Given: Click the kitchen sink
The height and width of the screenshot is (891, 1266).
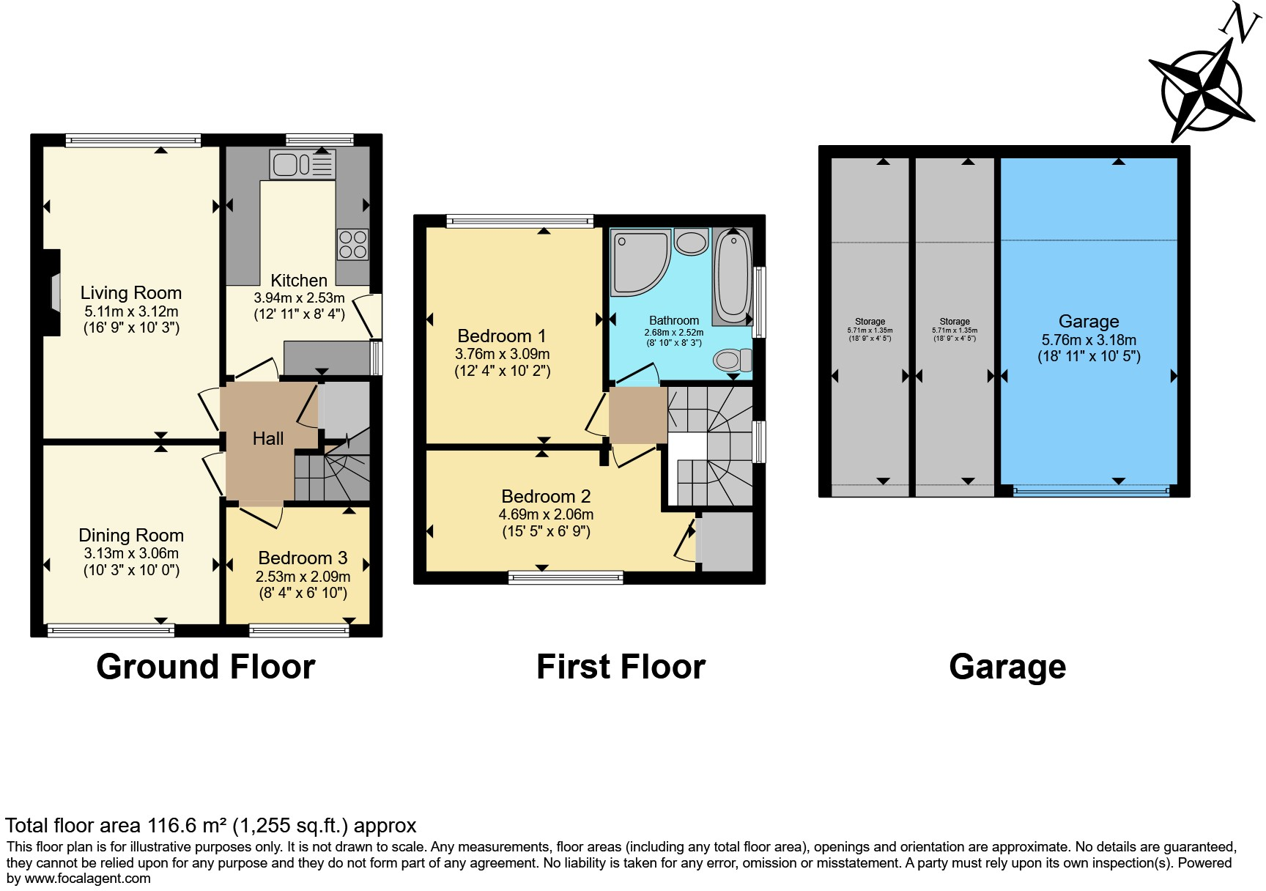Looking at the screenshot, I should click(302, 165).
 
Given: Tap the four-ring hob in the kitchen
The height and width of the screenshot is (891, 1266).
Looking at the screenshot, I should click(352, 245).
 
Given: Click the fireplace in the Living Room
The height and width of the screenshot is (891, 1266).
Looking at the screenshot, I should click(53, 293).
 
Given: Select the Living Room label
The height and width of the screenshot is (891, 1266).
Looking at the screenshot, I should click(131, 293).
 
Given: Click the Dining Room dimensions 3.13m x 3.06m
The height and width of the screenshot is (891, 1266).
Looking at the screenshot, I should click(131, 554).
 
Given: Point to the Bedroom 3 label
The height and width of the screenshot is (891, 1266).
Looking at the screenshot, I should click(303, 558).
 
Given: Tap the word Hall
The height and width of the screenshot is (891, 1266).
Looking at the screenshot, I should click(268, 439).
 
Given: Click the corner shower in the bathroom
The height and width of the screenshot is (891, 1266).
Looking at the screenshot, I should click(638, 260).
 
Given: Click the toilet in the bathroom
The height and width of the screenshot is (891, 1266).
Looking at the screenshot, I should click(732, 360).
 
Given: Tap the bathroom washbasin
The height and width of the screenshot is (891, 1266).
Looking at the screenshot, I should click(691, 242).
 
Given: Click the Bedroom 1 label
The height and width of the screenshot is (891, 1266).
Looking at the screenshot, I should click(502, 336).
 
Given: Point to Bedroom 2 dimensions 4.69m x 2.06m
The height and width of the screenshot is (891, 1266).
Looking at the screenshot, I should click(546, 514).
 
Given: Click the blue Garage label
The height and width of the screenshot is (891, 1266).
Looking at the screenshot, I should click(1089, 322).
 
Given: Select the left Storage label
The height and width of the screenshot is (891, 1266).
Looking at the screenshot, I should click(870, 322).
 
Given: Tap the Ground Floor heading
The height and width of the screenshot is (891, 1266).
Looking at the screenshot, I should click(206, 667).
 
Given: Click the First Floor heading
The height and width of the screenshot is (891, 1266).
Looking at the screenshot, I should click(621, 667).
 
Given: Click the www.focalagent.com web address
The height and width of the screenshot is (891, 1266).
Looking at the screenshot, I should click(88, 879).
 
